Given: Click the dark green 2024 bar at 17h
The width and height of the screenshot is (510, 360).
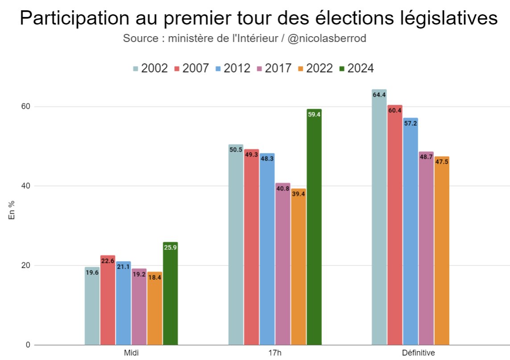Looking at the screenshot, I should click(x=314, y=228).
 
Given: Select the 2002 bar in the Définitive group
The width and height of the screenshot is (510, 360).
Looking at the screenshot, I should click(x=379, y=219).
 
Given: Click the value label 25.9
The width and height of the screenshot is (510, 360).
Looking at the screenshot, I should click(x=170, y=248).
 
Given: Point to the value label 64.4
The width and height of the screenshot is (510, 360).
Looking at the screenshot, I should click(x=379, y=95).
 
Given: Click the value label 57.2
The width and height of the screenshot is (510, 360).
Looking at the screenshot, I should click(x=410, y=123).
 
